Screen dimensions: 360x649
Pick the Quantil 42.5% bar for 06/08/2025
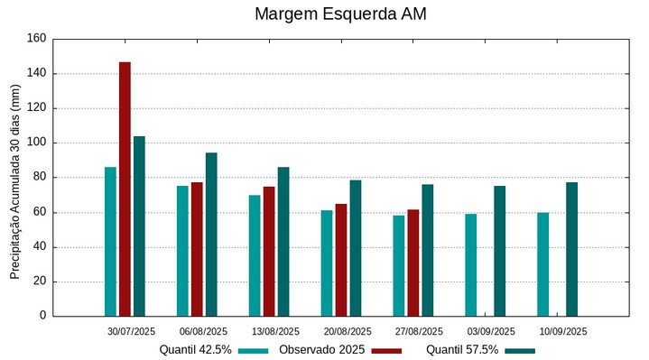tap(182, 251)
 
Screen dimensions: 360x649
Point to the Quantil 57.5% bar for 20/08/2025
tap(356, 248)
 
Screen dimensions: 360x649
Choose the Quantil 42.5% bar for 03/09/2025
tap(471, 264)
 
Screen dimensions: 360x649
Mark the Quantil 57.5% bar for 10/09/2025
tap(571, 249)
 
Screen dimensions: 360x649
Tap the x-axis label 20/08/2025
tap(347, 331)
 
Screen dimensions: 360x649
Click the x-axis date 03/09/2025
tap(491, 331)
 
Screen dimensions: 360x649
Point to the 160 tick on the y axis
tap(36, 39)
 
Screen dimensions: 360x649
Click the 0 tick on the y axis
tap(42, 316)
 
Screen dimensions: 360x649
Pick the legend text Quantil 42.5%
tap(195, 350)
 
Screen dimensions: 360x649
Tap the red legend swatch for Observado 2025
tap(386, 350)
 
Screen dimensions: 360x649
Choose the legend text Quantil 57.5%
tap(461, 350)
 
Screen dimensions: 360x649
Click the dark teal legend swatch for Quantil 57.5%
tap(520, 350)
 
